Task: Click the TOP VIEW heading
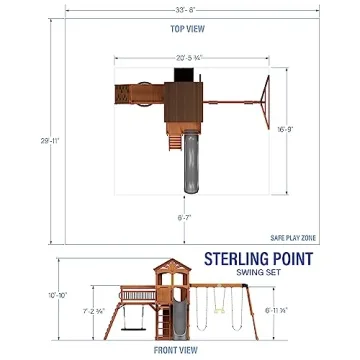[x=180, y=30]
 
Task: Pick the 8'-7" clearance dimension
[x=186, y=214]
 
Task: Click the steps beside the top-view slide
[x=173, y=140]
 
